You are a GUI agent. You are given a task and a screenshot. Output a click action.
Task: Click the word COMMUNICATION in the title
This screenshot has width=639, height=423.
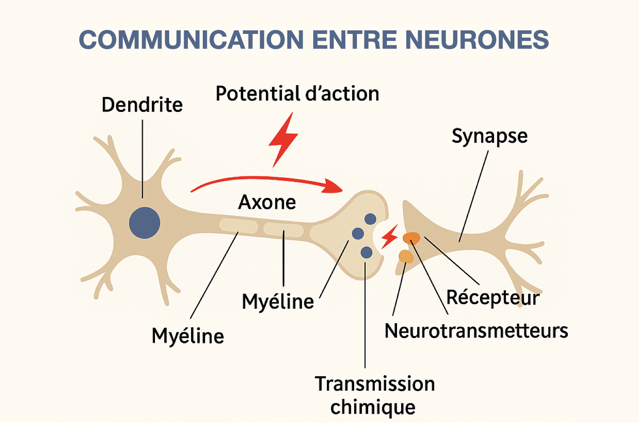tap(191, 40)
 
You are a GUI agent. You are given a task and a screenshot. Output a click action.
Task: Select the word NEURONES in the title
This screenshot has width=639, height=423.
tap(477, 40)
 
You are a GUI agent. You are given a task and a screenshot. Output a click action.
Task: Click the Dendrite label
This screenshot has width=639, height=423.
tap(142, 105)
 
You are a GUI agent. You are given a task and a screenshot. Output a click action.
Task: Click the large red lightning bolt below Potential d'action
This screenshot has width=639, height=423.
tap(283, 140)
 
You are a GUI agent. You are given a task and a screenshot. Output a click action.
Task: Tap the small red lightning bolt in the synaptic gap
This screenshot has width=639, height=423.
tap(390, 236)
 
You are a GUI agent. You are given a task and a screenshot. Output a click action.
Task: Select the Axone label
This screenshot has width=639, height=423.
tap(267, 202)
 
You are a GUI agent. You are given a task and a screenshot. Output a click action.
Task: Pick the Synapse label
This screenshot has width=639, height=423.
tap(490, 136)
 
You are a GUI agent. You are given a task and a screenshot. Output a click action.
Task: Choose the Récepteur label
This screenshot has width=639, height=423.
tap(493, 298)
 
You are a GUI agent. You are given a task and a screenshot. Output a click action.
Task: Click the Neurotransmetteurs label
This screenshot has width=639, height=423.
tap(476, 330)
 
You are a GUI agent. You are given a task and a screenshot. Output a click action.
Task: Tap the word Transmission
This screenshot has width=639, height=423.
tap(375, 383)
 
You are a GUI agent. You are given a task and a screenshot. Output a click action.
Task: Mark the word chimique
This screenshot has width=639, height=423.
tap(373, 407)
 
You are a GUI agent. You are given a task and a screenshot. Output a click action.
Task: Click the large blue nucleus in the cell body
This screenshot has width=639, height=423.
tap(144, 223)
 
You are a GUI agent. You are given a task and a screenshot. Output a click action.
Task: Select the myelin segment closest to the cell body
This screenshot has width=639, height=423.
tap(239, 225)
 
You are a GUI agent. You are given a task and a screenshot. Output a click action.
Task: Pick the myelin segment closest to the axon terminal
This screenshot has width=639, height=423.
tap(283, 229)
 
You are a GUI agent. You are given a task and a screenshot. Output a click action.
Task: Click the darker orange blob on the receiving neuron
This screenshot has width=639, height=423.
tap(411, 238)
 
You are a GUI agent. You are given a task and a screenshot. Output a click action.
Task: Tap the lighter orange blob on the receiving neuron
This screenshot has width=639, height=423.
tap(405, 256)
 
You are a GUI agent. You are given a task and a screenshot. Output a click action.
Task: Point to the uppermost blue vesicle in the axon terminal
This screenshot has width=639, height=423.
tap(370, 219)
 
